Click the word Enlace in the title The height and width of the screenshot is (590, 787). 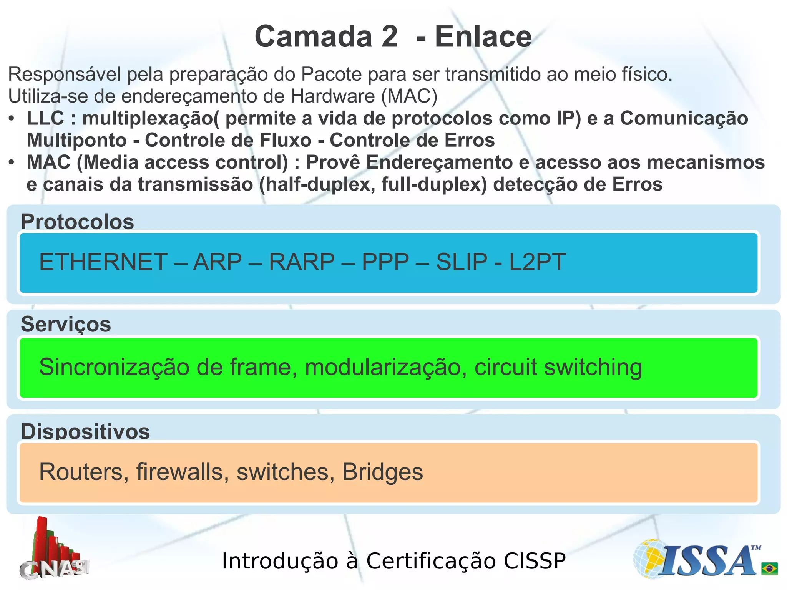[483, 37]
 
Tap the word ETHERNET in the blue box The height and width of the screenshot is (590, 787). [103, 262]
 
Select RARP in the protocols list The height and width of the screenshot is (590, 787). [302, 262]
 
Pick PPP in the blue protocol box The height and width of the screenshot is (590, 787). [385, 262]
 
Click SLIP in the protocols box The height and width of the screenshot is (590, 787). [462, 262]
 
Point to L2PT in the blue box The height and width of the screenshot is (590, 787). [537, 262]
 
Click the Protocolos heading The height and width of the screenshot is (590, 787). [77, 222]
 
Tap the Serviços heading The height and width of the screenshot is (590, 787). [66, 324]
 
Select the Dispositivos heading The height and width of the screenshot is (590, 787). [85, 431]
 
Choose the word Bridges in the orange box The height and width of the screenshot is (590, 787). [382, 472]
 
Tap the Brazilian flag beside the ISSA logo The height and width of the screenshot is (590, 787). [769, 568]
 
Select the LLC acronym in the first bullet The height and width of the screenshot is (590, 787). [45, 118]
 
